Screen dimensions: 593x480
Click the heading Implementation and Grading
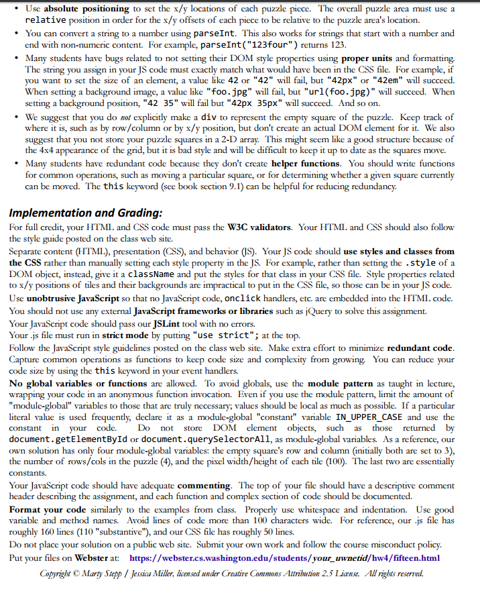coord(85,213)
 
